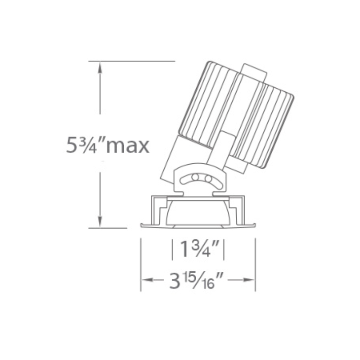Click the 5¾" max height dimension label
pyautogui.click(x=108, y=145)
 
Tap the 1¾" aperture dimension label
pyautogui.click(x=198, y=249)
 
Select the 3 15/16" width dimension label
pyautogui.click(x=196, y=280)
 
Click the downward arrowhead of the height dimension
pyautogui.click(x=99, y=222)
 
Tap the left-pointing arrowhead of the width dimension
pyautogui.click(x=147, y=279)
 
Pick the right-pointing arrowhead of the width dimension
pyautogui.click(x=249, y=279)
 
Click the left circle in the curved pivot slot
pyautogui.click(x=195, y=177)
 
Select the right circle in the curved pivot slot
pyautogui.click(x=208, y=179)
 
